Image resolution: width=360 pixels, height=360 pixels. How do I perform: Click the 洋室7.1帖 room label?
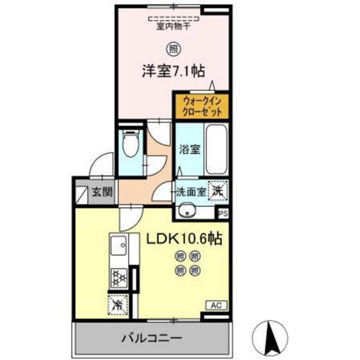172,70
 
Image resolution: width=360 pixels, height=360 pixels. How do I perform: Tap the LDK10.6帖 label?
184,239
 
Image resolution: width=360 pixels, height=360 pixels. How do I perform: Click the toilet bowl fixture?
131,144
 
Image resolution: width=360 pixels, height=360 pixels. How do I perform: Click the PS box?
223,212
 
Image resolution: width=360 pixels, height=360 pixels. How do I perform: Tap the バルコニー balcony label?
150,338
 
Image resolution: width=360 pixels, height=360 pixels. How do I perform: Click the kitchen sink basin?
119,245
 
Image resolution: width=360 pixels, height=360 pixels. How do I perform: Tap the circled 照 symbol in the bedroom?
172,49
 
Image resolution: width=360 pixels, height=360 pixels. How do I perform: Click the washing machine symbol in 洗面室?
218,190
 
